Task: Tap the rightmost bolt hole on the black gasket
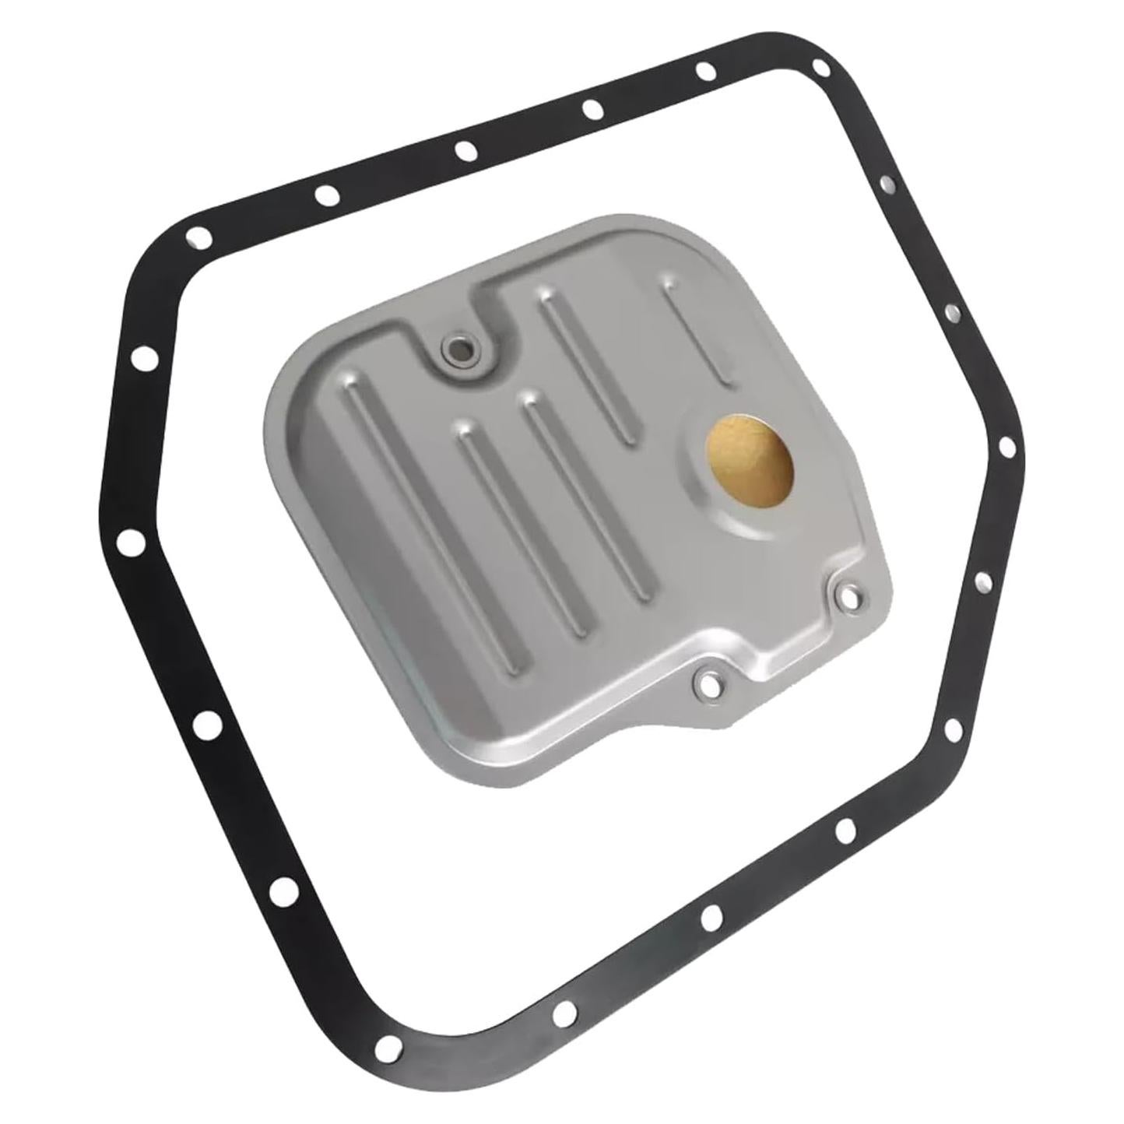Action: [x=1006, y=447]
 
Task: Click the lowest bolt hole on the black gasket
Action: [x=567, y=1010]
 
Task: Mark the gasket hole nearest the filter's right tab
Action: [x=982, y=580]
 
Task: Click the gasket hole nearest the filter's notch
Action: [x=465, y=150]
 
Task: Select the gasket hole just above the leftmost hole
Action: [x=142, y=360]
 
